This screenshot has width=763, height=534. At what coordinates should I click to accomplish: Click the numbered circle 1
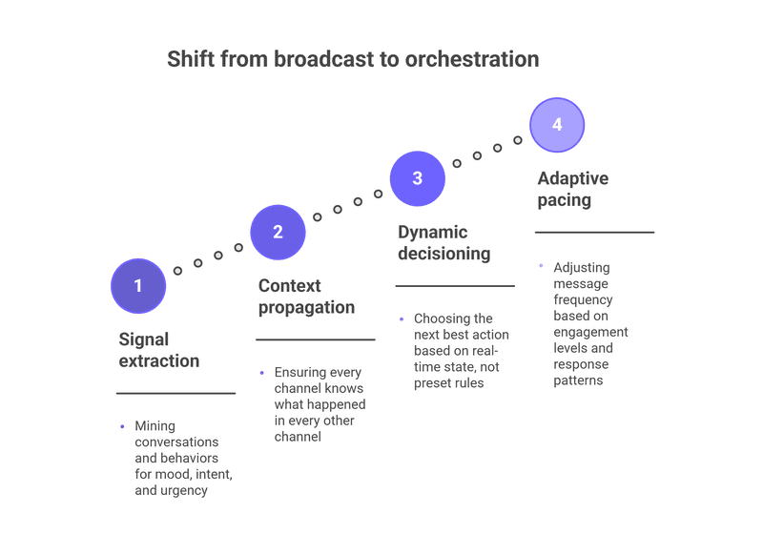(138, 286)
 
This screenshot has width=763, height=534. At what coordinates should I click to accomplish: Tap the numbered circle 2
(278, 232)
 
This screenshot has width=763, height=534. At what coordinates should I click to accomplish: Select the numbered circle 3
(418, 178)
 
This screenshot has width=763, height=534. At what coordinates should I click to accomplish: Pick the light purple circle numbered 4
(557, 125)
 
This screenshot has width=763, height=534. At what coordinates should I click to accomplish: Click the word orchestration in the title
(472, 59)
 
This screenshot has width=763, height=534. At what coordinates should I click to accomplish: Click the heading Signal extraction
(159, 350)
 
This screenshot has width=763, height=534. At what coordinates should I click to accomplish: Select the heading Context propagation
(306, 297)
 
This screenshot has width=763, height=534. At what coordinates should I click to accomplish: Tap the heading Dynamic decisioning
(443, 242)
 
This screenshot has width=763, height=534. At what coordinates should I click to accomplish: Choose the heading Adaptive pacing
(572, 189)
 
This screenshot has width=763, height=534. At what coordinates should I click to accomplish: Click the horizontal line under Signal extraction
(175, 393)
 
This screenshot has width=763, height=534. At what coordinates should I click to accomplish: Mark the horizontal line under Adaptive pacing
(594, 232)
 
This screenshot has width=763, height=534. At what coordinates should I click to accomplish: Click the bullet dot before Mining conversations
(122, 426)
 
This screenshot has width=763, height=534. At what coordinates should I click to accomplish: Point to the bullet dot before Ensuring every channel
(262, 372)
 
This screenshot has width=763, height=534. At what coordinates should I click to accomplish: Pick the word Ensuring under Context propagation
(302, 372)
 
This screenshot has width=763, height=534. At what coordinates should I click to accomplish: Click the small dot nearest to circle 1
(177, 271)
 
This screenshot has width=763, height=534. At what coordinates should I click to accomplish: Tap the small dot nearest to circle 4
(518, 140)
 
